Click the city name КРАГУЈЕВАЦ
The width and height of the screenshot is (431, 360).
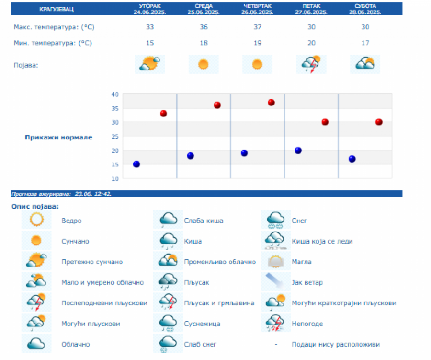54,9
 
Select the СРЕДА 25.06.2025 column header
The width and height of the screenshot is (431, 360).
204,9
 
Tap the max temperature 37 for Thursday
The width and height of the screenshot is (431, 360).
257,27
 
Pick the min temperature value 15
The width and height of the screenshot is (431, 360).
150,43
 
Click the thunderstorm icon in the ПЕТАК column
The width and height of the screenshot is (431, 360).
311,64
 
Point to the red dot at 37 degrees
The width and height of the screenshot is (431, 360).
271,103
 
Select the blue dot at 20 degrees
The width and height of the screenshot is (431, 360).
298,151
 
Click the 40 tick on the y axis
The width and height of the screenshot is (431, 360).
114,94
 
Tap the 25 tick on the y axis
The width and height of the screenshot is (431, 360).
114,137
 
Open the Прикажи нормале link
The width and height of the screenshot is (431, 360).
58,138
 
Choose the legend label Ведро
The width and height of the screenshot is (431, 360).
71,221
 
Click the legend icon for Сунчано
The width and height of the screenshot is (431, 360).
36,241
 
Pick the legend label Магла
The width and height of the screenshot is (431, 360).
302,262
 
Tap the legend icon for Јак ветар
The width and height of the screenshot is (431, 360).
276,281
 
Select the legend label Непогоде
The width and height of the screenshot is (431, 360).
307,324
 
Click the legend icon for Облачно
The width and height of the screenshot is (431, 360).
36,344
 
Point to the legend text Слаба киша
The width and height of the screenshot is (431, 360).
204,221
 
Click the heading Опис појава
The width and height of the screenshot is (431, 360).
34,206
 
